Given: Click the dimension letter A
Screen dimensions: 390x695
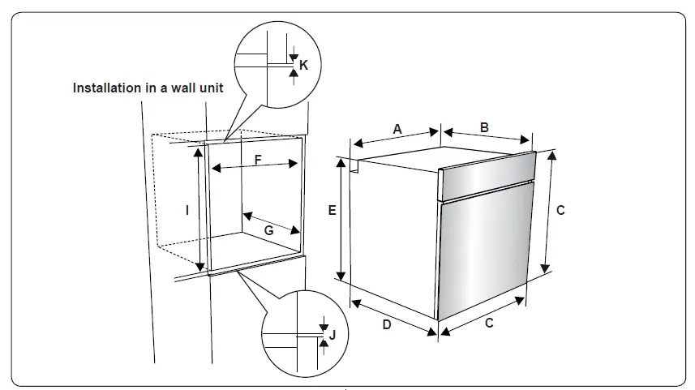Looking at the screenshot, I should [397, 129].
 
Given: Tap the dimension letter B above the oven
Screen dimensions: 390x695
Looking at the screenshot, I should [484, 126].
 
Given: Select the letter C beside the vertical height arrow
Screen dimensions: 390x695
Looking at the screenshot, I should [560, 210].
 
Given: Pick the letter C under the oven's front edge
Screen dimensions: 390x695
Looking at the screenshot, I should [489, 323].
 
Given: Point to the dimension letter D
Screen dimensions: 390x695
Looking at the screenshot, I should [387, 325].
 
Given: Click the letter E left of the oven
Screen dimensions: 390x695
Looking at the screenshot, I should [332, 210].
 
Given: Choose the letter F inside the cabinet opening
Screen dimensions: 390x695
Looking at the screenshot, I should [258, 160].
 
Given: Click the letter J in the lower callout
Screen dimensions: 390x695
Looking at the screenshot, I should [332, 334].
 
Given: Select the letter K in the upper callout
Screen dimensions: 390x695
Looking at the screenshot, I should [303, 64].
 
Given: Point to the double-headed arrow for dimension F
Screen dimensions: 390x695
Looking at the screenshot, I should [255, 167].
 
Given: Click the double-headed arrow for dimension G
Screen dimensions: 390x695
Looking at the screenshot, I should [272, 223].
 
